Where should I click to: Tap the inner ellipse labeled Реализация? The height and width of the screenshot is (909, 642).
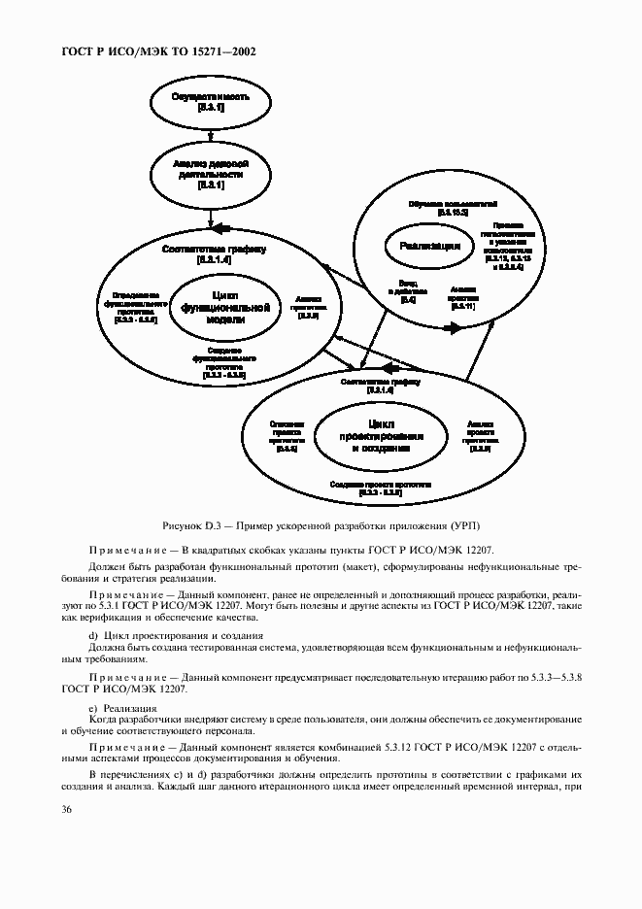[429, 247]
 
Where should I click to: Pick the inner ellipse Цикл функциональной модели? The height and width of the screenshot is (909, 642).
[224, 308]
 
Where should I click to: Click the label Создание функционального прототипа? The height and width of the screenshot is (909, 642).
[224, 361]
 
